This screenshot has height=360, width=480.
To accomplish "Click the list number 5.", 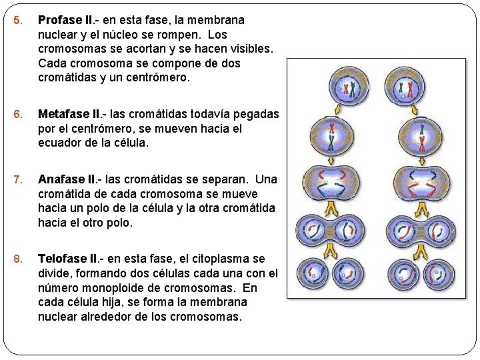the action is click(x=18, y=20).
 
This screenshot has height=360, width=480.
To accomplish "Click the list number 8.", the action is click(x=18, y=259).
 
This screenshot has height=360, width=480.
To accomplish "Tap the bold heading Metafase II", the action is click(x=68, y=114).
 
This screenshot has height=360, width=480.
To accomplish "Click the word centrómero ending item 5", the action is click(x=156, y=78).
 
